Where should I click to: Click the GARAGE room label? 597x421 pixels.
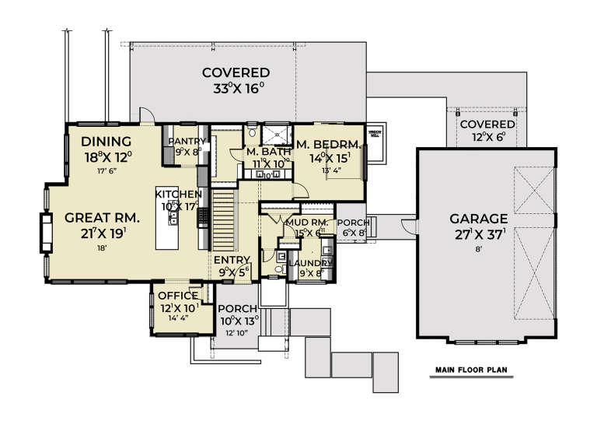[x=483, y=219]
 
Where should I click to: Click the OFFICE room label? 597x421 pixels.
[x=178, y=296]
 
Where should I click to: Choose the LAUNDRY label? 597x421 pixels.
[x=311, y=263]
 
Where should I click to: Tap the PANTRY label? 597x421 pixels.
[x=187, y=140]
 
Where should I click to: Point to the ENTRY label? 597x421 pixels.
[x=231, y=260]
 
